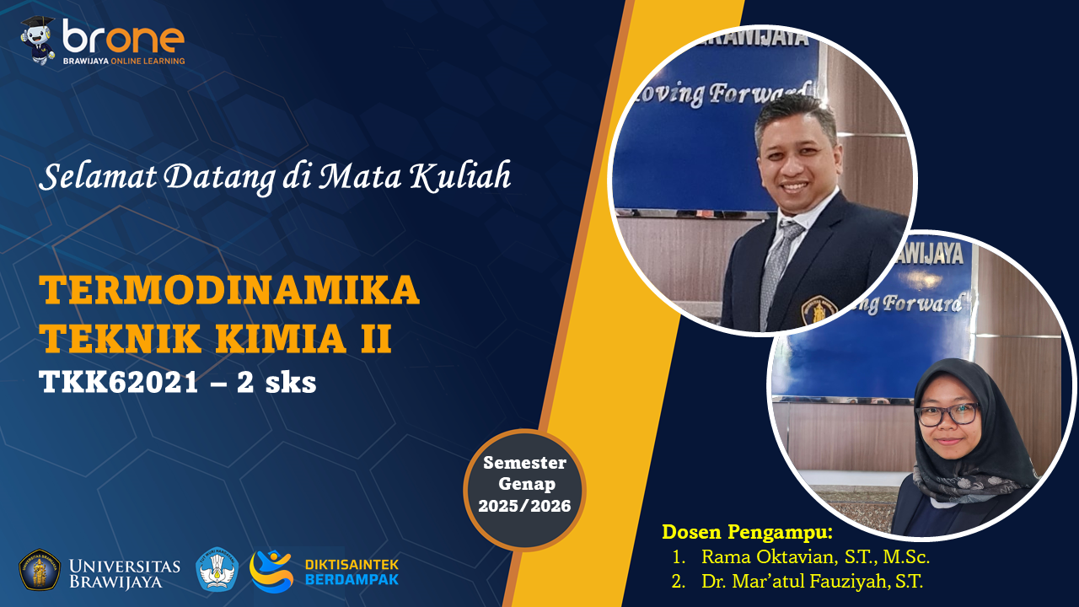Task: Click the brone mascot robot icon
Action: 38,40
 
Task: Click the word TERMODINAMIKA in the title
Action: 229,291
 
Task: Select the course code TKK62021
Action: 119,383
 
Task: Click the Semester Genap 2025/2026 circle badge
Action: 524,490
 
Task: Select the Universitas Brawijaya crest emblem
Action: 40,570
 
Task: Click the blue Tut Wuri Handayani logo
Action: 217,570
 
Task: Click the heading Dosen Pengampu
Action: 747,532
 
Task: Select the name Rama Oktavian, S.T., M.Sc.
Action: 815,557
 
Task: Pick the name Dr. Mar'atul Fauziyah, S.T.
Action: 812,581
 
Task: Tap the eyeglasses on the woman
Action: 947,414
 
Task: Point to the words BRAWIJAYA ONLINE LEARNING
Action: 124,61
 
